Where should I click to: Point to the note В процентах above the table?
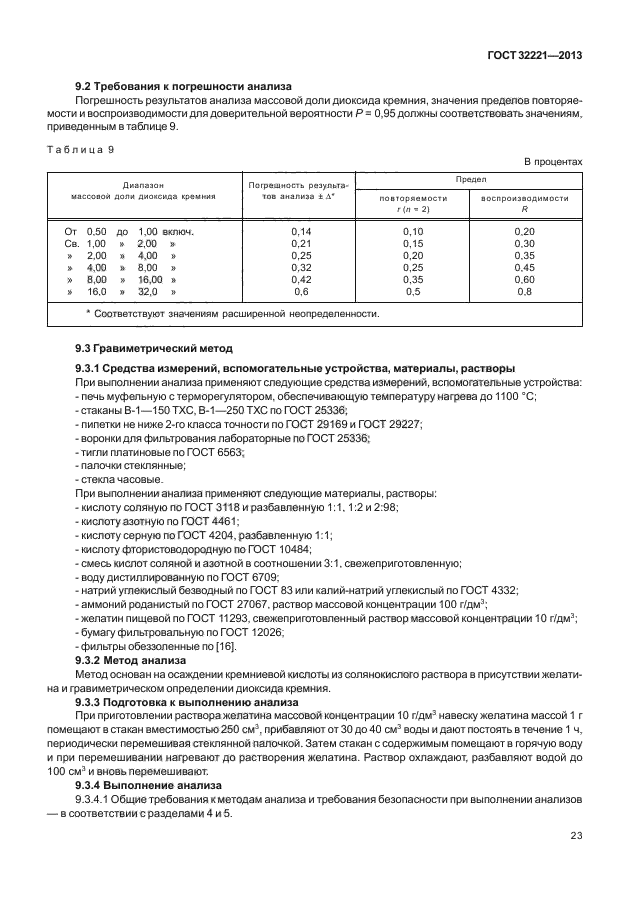click(553, 161)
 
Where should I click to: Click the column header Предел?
click(471, 178)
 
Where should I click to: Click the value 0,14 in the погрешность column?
click(300, 232)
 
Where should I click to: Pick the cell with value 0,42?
click(300, 281)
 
